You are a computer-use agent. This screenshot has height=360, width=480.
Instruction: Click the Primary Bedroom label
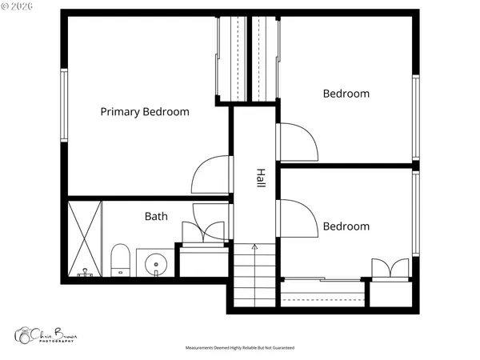[x=145, y=112]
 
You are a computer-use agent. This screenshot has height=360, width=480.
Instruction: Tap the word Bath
[x=156, y=216]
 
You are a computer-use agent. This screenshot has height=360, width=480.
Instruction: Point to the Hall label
[x=261, y=178]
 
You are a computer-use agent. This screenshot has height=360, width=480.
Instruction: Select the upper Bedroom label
[x=346, y=94]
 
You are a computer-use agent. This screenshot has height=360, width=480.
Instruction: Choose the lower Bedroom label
[x=346, y=226]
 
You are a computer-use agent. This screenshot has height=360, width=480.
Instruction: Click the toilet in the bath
[x=120, y=258]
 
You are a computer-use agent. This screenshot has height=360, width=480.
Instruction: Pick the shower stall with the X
[x=85, y=237]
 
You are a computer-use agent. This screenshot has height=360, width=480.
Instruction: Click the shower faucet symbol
[x=85, y=273]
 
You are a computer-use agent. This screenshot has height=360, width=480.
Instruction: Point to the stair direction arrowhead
[x=254, y=247]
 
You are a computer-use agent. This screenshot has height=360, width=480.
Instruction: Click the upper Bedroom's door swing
[x=298, y=142]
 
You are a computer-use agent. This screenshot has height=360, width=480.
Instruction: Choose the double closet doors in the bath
[x=204, y=232]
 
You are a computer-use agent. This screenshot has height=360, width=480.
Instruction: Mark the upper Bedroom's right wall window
[x=415, y=116]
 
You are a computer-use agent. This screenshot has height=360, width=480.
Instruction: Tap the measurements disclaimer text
[x=240, y=349]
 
